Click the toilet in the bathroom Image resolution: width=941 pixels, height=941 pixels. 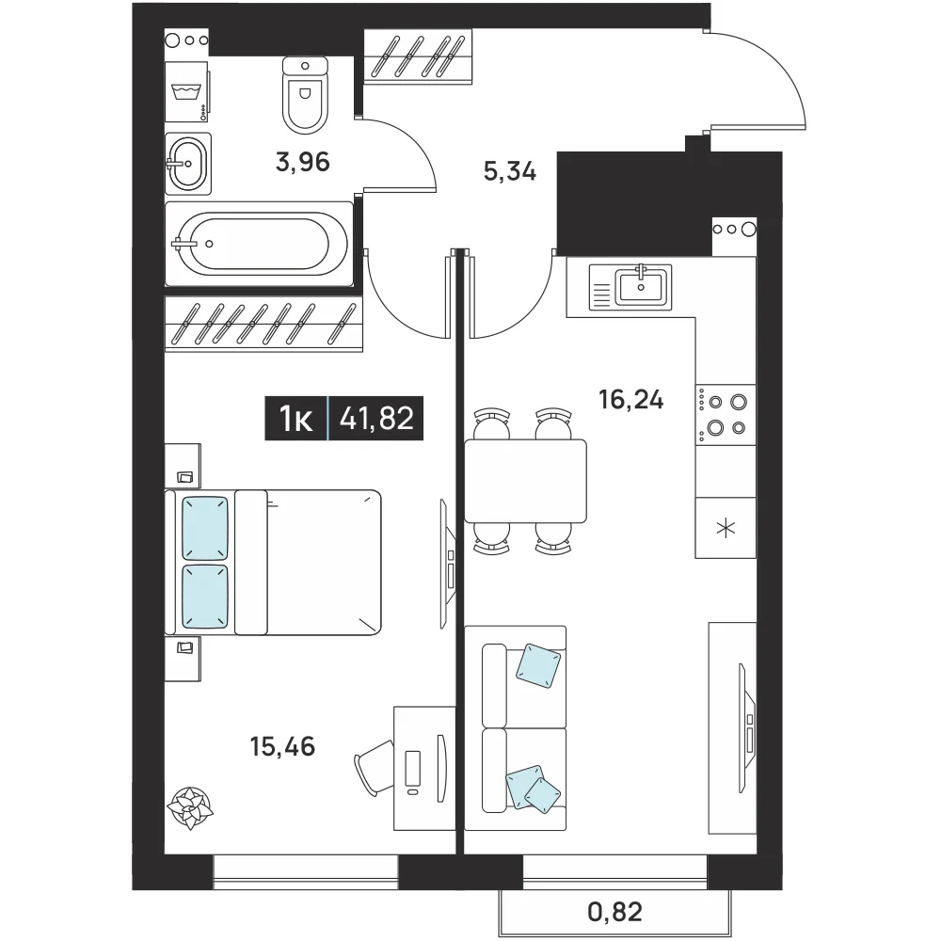305,95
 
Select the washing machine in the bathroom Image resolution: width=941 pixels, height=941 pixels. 186,92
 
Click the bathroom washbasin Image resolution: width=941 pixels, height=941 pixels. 188,163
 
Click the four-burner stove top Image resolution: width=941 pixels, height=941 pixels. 726,415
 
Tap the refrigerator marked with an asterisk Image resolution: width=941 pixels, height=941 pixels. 726,528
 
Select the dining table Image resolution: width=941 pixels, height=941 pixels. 526,481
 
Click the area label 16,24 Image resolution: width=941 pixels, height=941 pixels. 631,399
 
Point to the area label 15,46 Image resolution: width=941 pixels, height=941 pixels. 282,746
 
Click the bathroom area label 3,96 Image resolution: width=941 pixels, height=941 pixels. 303,162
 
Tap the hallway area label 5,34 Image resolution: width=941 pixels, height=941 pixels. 509,172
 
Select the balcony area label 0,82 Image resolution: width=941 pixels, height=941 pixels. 615,912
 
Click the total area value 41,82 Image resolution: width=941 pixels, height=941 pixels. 377,419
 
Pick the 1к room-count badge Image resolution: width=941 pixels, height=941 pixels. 296,419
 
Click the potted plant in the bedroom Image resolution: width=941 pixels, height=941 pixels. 190,807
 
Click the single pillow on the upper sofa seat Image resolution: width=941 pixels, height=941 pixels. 538,665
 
